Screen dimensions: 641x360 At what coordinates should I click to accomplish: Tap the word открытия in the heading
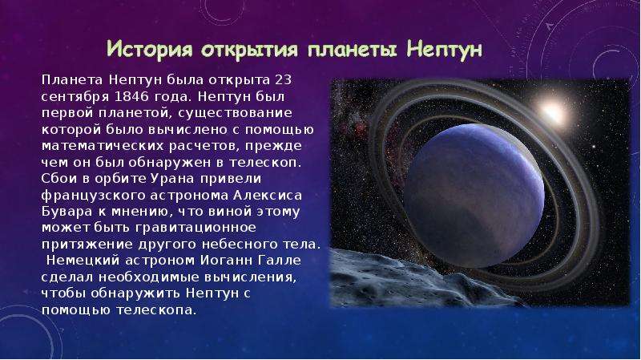coord(249,51)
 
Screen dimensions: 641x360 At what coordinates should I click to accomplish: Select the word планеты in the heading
coord(352,51)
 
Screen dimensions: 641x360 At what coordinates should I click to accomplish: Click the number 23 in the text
coord(283,79)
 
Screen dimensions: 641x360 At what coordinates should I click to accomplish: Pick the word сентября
coord(75,97)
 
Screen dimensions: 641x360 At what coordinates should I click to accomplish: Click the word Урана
coord(171,179)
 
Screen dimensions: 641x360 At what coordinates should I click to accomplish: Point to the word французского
coord(94,196)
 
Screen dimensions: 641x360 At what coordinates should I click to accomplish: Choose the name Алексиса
coord(268,196)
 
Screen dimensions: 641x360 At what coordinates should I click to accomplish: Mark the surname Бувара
coord(67,212)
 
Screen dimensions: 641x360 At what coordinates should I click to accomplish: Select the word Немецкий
coord(83,261)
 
